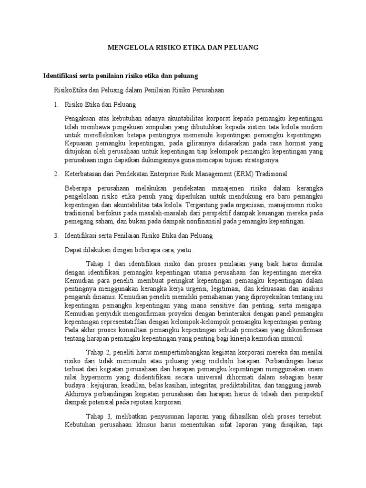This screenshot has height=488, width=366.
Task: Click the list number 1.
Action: (x=55, y=104)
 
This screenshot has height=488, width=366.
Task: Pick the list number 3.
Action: (x=55, y=235)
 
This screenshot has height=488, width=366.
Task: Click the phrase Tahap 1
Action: (x=98, y=264)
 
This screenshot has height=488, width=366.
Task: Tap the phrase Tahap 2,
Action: (x=99, y=353)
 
